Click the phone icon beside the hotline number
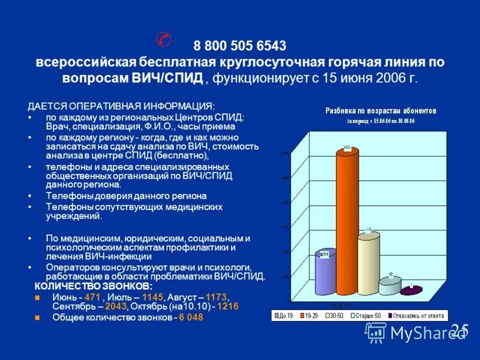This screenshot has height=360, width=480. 163,39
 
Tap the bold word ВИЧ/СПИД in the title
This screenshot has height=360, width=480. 178,79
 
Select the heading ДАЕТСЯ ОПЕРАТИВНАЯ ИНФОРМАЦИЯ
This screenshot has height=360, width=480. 121,106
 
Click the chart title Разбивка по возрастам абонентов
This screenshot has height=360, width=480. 380,111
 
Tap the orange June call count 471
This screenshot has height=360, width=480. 92,296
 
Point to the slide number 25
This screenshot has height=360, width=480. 459,329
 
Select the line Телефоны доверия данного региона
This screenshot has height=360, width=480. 126,196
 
